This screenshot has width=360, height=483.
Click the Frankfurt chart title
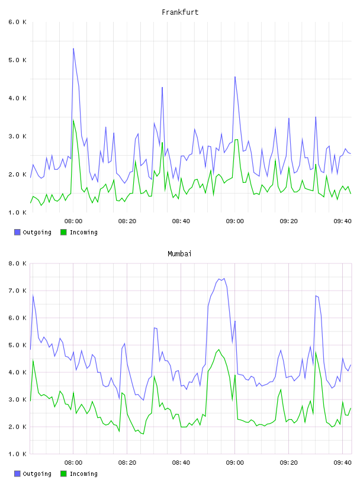point(180,12)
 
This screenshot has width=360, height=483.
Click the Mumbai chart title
point(179,254)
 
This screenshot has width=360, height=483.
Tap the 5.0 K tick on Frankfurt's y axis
point(18,60)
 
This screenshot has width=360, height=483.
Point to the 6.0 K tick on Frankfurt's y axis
point(18,22)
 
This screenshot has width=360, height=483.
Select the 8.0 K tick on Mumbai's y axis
point(18,263)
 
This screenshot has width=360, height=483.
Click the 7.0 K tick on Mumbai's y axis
point(18,291)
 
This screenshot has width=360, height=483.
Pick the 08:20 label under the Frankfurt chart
point(127,221)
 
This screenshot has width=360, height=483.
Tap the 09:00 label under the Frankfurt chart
point(235,221)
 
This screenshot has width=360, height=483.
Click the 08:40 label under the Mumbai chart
point(181,462)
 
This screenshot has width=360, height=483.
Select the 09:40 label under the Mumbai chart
point(342,462)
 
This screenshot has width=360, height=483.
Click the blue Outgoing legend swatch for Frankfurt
point(17,232)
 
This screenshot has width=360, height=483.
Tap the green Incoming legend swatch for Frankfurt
point(63,232)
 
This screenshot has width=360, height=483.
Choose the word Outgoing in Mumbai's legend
point(37,474)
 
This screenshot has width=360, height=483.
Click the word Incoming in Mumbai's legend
point(83,474)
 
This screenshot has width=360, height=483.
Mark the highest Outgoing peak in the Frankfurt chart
point(73,49)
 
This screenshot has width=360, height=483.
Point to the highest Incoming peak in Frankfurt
point(73,120)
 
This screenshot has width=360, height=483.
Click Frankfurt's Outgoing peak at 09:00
point(235,77)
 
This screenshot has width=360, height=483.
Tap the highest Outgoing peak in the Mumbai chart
point(224,278)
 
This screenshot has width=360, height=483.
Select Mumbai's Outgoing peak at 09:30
point(316,296)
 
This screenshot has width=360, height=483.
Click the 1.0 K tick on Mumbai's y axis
point(18,454)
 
